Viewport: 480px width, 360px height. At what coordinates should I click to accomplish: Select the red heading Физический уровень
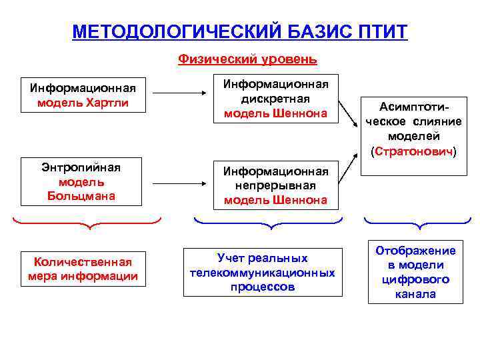coord(247,59)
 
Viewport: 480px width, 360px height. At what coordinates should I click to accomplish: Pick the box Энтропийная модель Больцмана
coord(87,181)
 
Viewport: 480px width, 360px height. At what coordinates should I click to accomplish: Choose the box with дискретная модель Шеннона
coord(275,99)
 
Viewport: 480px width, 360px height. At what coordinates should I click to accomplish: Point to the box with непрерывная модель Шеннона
coord(275,184)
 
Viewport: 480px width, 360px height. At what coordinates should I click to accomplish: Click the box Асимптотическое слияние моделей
coord(413,130)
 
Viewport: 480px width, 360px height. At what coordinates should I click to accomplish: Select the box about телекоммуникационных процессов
coord(262,273)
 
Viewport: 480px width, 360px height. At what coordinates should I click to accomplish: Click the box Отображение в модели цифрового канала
coord(415,272)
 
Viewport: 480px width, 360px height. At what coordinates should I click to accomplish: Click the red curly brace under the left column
coord(87,223)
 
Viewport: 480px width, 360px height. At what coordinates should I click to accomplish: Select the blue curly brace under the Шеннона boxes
coord(267,223)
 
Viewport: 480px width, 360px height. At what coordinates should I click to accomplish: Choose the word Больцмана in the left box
coord(87,195)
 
